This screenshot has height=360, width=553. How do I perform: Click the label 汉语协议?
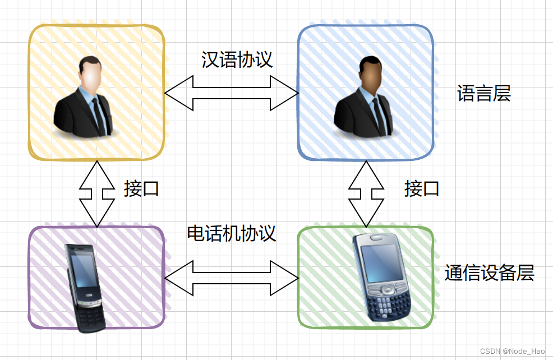(x=237, y=60)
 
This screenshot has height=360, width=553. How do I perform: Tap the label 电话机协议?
(x=232, y=233)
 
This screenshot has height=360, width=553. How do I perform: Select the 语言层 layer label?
(x=484, y=94)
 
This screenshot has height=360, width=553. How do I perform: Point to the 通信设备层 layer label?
(x=490, y=273)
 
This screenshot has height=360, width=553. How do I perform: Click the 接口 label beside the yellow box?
(x=141, y=189)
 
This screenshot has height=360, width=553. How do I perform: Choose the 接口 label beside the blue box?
(x=422, y=189)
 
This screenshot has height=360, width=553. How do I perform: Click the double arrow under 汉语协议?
(x=231, y=93)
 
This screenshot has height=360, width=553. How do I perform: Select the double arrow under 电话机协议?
(x=231, y=278)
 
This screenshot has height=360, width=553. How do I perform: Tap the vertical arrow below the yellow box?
(x=97, y=193)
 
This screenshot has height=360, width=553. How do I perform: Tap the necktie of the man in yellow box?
(x=99, y=115)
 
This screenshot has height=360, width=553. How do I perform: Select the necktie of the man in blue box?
(x=379, y=115)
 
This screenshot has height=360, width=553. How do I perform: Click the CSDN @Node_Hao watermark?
(x=513, y=351)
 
